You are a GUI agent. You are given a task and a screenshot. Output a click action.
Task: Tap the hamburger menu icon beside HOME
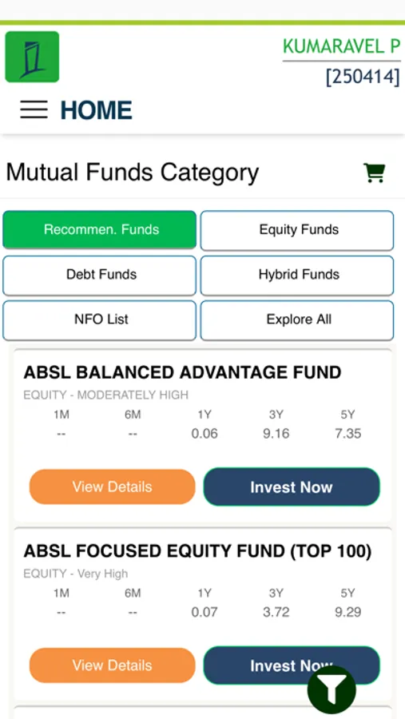click(34, 110)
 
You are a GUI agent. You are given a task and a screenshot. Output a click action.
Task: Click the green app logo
click(32, 57)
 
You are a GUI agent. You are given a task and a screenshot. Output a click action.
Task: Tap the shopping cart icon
click(375, 173)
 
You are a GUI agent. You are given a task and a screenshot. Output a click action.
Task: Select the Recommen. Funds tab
click(100, 229)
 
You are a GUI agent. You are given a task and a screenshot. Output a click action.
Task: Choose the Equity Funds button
click(297, 230)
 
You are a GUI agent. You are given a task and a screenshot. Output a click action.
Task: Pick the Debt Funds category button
click(100, 275)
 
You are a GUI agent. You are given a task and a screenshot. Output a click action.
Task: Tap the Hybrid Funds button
click(297, 275)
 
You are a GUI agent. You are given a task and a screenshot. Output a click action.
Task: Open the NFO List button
click(100, 320)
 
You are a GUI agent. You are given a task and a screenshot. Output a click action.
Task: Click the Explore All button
click(297, 320)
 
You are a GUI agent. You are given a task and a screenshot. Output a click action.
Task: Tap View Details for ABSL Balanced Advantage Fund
click(113, 487)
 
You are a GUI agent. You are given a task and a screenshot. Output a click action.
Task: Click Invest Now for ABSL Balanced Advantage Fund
click(292, 487)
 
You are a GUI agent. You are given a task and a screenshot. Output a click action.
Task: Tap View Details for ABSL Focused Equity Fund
click(113, 665)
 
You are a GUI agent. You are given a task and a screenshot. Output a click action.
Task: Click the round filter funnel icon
click(332, 690)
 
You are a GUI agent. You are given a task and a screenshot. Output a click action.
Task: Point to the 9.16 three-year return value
click(276, 434)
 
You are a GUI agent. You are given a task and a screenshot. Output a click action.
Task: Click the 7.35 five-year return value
click(348, 434)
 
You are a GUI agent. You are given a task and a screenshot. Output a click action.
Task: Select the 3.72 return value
click(276, 612)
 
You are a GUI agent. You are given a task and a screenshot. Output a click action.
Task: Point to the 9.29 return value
click(348, 612)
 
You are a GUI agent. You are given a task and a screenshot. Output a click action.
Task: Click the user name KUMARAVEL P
click(342, 46)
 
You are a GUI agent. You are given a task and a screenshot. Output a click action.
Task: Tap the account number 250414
click(363, 77)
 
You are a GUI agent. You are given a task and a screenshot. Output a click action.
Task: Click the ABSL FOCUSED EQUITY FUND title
click(197, 551)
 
